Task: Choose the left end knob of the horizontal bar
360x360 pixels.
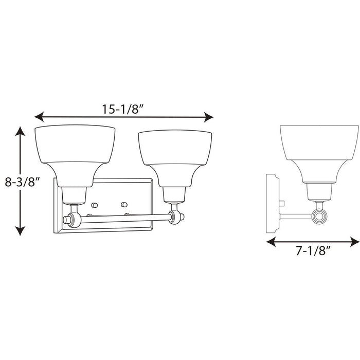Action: coord(66,220)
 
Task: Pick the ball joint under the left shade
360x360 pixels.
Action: coord(76,220)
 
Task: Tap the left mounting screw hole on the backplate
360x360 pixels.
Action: coord(95,204)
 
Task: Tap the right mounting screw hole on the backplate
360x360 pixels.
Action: coord(124,204)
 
